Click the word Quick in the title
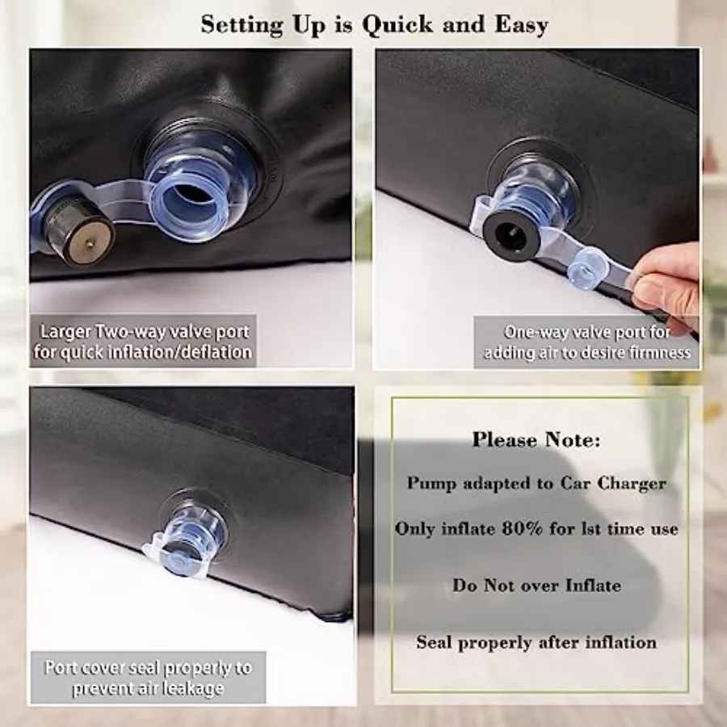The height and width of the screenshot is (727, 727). point(398,25)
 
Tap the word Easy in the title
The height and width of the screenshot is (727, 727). point(521,25)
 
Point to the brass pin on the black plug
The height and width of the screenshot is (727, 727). point(89,242)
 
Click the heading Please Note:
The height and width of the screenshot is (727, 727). point(536,439)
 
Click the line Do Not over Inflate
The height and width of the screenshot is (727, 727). point(536,585)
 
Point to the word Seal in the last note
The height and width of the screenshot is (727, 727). point(435,642)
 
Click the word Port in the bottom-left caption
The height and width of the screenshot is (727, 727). point(61,668)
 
